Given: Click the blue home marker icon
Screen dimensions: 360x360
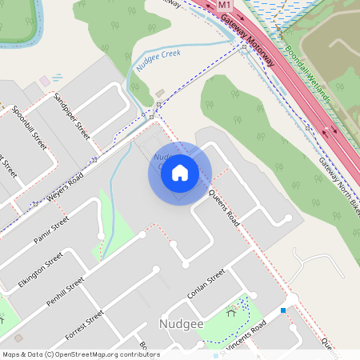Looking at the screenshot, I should click(180, 173).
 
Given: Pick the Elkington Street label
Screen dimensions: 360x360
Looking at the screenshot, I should click(40, 270).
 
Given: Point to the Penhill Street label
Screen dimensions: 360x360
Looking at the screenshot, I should click(65, 294).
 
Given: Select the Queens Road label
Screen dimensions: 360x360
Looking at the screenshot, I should click(223, 206).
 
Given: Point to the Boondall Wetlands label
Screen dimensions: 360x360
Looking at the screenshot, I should click(308, 81).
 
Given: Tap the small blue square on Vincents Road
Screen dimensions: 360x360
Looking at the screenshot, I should click(283, 310).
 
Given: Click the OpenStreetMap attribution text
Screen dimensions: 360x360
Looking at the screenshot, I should click(81, 354).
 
